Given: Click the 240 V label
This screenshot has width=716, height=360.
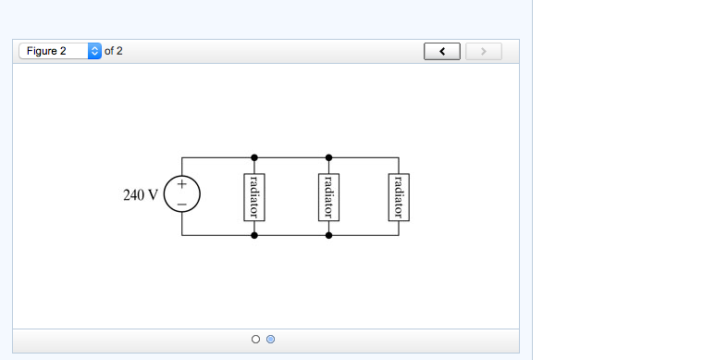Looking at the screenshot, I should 141,196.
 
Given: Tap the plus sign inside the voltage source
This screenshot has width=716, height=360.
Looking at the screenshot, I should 182,186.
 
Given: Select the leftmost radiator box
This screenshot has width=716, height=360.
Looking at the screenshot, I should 254,196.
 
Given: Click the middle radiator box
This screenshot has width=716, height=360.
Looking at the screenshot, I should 328,196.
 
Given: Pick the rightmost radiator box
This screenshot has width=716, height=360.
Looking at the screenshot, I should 401,196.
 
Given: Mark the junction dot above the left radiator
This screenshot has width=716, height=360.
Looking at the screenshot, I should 254,157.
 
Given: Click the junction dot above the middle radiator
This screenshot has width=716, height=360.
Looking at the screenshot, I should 328,157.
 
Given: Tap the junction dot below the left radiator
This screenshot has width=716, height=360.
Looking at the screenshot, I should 254,236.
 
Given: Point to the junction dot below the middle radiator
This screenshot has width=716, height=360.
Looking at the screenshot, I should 328,236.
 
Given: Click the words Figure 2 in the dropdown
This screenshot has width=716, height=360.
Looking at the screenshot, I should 47,51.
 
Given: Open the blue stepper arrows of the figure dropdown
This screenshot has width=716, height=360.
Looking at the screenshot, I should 94,51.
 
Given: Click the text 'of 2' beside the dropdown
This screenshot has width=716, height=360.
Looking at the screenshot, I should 114,51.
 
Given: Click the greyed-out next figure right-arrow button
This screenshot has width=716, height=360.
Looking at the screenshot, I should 483,51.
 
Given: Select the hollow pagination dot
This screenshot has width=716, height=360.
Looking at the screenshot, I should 255,340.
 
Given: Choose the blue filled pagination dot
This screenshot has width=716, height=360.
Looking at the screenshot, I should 270,340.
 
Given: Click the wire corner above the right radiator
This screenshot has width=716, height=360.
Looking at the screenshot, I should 401,157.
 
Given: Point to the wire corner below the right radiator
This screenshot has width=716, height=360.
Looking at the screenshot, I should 401,236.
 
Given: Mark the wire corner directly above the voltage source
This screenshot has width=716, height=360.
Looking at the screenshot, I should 182,157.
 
